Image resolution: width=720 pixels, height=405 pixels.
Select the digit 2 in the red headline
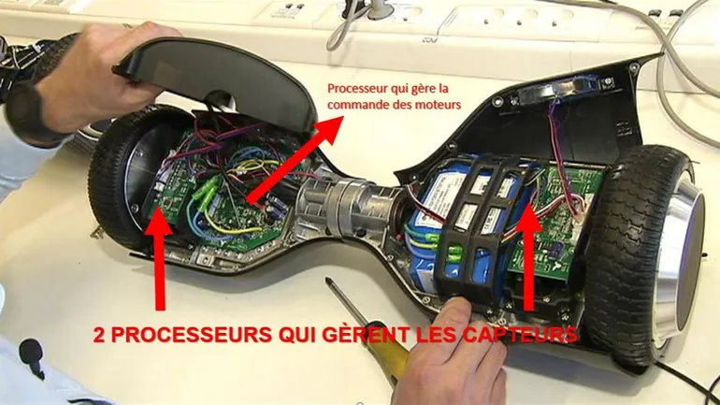pos(99,335)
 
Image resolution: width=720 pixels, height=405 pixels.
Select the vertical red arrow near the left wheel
pos(159,258)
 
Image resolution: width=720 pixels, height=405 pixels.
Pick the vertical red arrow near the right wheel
pos(528,257)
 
